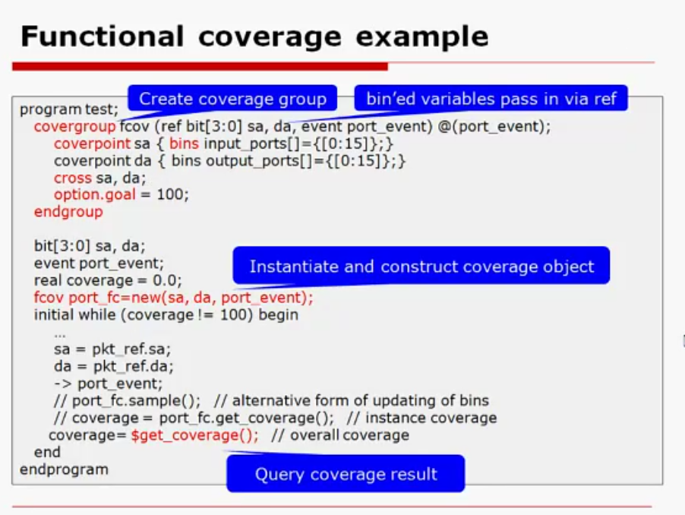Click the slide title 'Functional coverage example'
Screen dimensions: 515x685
tap(254, 36)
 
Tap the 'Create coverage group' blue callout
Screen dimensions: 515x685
tap(232, 99)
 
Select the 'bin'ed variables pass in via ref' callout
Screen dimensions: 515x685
tap(491, 99)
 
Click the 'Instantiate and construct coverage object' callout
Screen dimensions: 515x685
tap(421, 267)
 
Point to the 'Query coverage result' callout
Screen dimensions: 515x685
tap(346, 475)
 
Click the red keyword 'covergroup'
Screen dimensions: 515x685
tap(74, 127)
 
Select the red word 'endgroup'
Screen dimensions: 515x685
tap(68, 212)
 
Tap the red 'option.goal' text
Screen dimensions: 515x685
tap(94, 194)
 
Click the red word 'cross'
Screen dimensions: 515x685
tap(73, 178)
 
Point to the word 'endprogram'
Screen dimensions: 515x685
tap(64, 469)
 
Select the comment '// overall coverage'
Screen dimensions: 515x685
tap(340, 435)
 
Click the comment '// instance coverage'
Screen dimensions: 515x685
tap(421, 418)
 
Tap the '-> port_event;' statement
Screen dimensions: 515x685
tap(108, 383)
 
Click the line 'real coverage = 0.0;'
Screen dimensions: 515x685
tap(108, 280)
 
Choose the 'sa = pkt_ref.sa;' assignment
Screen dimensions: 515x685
tap(112, 349)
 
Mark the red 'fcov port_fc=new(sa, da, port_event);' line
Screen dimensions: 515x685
tap(173, 298)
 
